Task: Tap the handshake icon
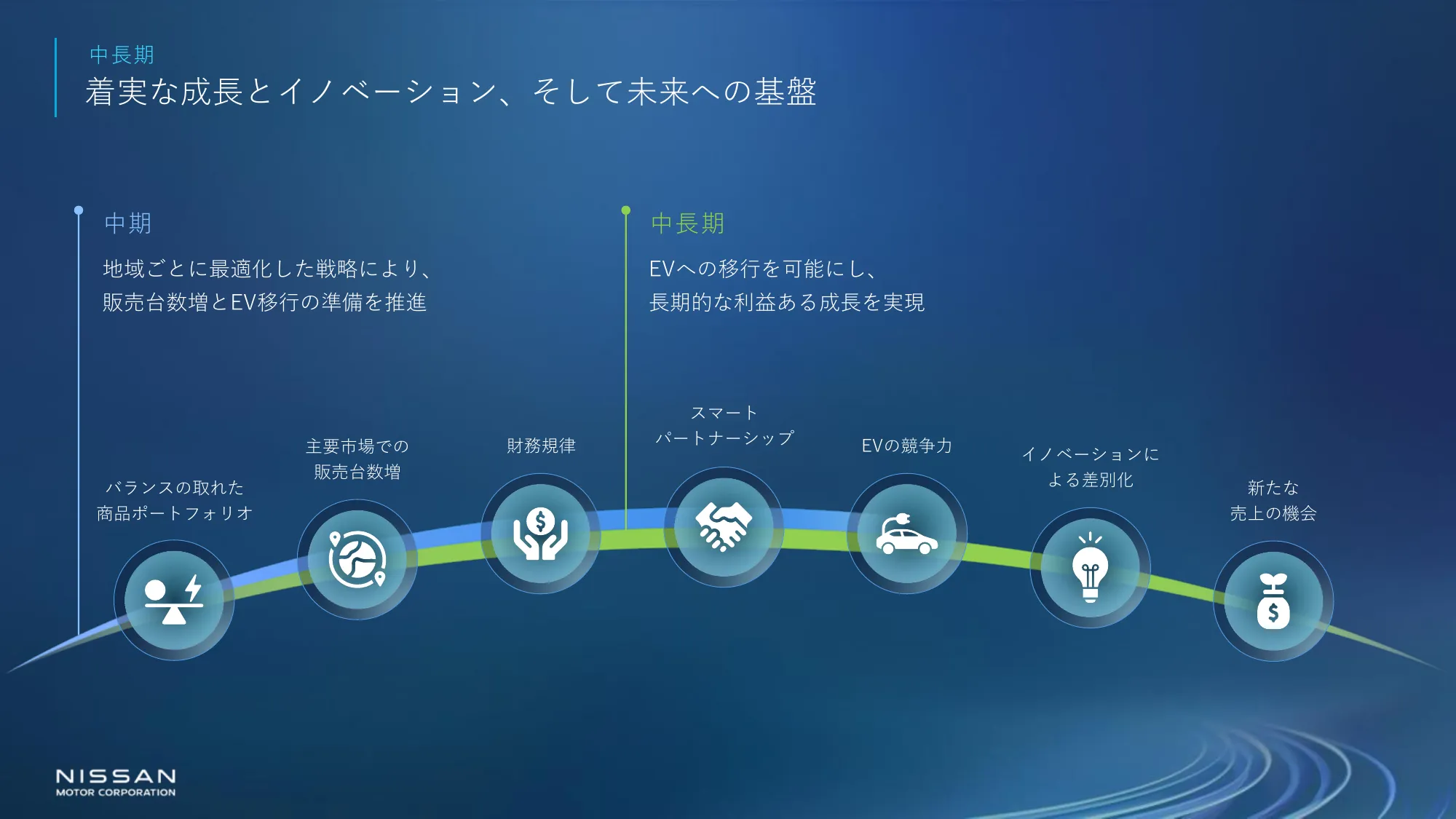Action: pyautogui.click(x=724, y=526)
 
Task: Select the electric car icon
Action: pyautogui.click(x=906, y=534)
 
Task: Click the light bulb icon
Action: pyautogui.click(x=1090, y=567)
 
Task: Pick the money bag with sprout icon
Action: pyautogui.click(x=1273, y=601)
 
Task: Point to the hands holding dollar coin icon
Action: pyautogui.click(x=540, y=534)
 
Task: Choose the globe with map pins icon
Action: pyautogui.click(x=357, y=559)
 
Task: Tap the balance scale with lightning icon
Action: pyautogui.click(x=173, y=600)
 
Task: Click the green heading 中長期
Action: pyautogui.click(x=687, y=223)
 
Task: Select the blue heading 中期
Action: pyautogui.click(x=128, y=223)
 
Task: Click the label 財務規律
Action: pyautogui.click(x=541, y=446)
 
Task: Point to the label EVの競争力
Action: pyautogui.click(x=906, y=446)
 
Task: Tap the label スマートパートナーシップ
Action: pyautogui.click(x=724, y=425)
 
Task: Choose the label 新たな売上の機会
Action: pyautogui.click(x=1273, y=500)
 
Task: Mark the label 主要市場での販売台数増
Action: pyautogui.click(x=357, y=459)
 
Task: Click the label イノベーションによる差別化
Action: pyautogui.click(x=1091, y=467)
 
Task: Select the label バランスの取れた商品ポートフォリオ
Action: pyautogui.click(x=175, y=500)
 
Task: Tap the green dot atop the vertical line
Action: pyautogui.click(x=625, y=210)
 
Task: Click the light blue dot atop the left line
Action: pyautogui.click(x=79, y=210)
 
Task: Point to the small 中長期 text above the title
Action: pyautogui.click(x=122, y=55)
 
